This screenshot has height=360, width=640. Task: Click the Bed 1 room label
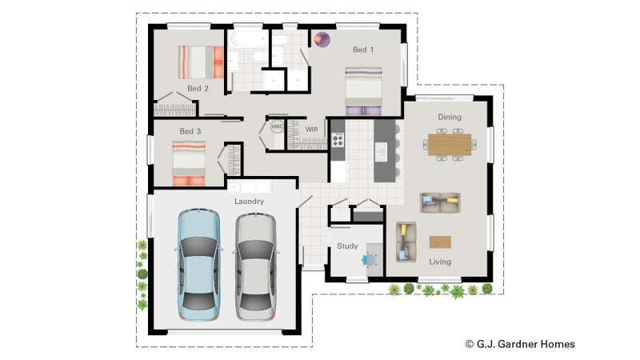click(x=363, y=50)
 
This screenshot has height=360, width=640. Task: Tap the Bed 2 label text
click(x=198, y=88)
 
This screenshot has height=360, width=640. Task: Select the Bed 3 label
click(x=190, y=131)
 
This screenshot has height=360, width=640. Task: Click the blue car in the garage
click(x=198, y=265)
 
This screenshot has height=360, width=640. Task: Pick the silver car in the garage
click(x=256, y=266)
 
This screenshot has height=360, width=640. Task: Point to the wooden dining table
click(x=450, y=145)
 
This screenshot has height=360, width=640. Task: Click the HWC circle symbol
click(x=277, y=126)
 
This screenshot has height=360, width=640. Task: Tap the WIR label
click(x=311, y=130)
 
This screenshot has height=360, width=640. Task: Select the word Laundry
click(x=249, y=202)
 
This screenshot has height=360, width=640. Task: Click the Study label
click(x=347, y=246)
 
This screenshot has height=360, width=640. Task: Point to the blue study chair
click(x=370, y=260)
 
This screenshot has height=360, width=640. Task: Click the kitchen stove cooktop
click(x=338, y=140)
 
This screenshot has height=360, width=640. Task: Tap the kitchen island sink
click(x=381, y=152)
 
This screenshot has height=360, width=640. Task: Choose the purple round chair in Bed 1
click(x=322, y=39)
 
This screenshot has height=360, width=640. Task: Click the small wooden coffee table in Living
click(x=440, y=242)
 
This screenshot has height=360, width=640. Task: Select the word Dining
click(x=450, y=117)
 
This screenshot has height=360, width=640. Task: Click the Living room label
click(x=440, y=262)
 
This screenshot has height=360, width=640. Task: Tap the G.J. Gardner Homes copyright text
click(x=520, y=344)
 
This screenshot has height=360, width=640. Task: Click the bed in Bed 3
click(x=189, y=163)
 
